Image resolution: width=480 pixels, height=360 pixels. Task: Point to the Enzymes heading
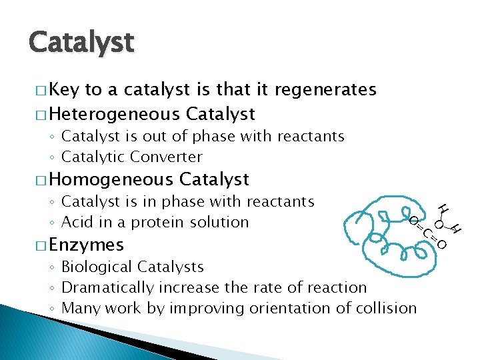pos(86,245)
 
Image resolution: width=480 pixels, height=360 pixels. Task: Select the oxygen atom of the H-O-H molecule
pos(439,223)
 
